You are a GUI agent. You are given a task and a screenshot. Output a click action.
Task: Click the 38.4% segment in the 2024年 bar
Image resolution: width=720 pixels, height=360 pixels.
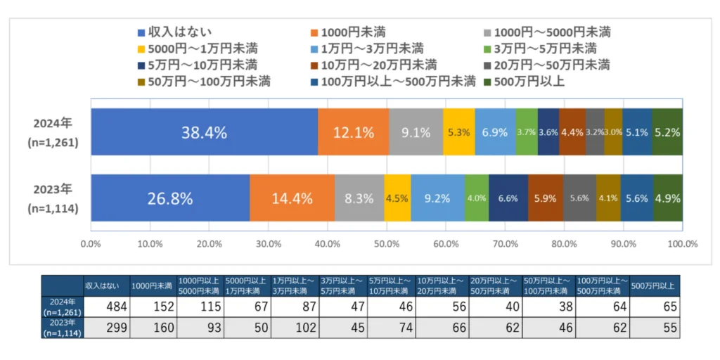pos(205,132)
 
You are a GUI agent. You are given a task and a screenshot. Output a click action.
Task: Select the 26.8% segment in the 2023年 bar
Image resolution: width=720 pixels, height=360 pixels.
pos(170,198)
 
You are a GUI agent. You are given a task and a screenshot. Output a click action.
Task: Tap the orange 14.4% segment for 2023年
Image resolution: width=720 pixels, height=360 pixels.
pos(292,198)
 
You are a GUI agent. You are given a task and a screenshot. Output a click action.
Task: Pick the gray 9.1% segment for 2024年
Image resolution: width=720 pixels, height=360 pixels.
pos(416,132)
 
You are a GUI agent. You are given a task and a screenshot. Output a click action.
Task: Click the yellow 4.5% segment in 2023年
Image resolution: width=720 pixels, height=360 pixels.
pos(398,198)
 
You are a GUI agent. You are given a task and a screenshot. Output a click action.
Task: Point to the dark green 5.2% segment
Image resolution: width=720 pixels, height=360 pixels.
pos(667,132)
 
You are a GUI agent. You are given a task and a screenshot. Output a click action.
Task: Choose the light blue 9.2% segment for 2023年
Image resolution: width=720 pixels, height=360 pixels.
pos(438,198)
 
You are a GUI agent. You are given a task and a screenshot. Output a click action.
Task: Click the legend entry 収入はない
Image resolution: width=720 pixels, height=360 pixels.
pos(175,32)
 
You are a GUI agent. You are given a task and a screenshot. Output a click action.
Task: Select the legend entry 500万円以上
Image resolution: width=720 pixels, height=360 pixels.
pos(525,82)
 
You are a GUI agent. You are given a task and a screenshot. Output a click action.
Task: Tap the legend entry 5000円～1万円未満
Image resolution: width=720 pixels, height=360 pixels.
pos(198,49)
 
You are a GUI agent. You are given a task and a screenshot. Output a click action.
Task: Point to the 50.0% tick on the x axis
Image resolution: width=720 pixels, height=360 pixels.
pos(387,243)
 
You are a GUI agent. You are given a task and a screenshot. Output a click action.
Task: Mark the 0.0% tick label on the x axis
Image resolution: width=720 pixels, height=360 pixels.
pos(91,243)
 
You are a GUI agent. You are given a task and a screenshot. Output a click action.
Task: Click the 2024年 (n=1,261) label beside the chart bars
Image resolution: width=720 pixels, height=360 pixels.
pos(53,133)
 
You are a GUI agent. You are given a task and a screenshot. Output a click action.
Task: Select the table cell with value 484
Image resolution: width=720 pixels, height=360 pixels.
pos(107,307)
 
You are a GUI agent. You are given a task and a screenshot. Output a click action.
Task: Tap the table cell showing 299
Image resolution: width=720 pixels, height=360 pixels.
pos(107,328)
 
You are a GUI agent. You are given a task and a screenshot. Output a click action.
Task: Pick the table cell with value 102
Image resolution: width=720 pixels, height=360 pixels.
pos(295,328)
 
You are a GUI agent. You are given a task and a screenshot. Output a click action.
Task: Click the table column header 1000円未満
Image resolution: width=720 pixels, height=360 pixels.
pos(153,285)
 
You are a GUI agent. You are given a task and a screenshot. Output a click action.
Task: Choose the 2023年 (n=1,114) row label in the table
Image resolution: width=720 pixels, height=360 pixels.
pos(62,328)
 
